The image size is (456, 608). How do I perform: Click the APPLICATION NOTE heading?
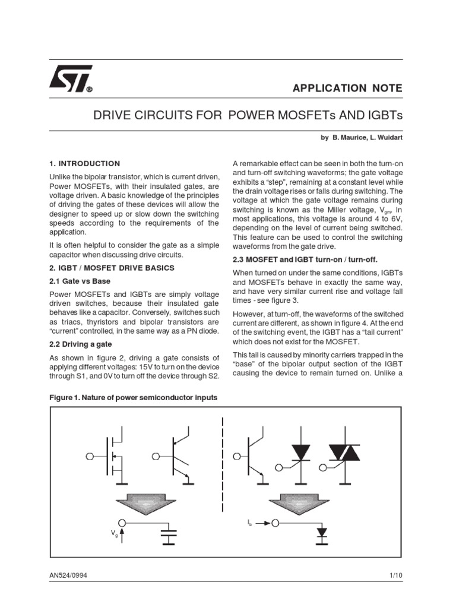point(347,88)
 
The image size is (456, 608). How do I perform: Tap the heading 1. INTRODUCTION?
point(84,163)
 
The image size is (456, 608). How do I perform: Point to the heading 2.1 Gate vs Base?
point(80,280)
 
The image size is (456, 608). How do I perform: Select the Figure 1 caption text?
point(133,397)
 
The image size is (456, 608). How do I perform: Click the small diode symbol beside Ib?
point(322,530)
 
